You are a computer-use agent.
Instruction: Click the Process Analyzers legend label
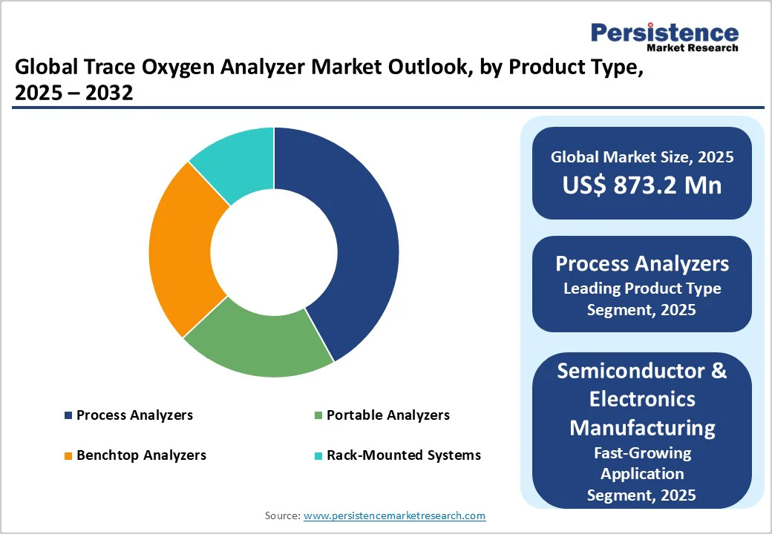pyautogui.click(x=134, y=415)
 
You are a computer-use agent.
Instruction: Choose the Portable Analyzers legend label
pyautogui.click(x=388, y=415)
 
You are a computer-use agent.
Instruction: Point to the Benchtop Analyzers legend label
pyautogui.click(x=141, y=455)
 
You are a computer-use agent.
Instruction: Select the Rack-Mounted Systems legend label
pyautogui.click(x=404, y=455)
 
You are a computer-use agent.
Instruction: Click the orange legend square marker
pyautogui.click(x=68, y=455)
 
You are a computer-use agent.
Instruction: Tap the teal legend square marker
pyautogui.click(x=318, y=455)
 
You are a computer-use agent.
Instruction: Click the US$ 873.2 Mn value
pyautogui.click(x=642, y=185)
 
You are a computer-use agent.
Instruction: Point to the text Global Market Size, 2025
pyautogui.click(x=642, y=156)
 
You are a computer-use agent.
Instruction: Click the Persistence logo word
pyautogui.click(x=664, y=33)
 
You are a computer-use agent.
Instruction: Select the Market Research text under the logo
pyautogui.click(x=693, y=48)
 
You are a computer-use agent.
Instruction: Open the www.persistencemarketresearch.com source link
pyautogui.click(x=394, y=515)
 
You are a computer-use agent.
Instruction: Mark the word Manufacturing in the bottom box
pyautogui.click(x=642, y=427)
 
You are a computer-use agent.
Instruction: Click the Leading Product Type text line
pyautogui.click(x=642, y=288)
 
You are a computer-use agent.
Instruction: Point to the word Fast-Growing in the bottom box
pyautogui.click(x=642, y=452)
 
